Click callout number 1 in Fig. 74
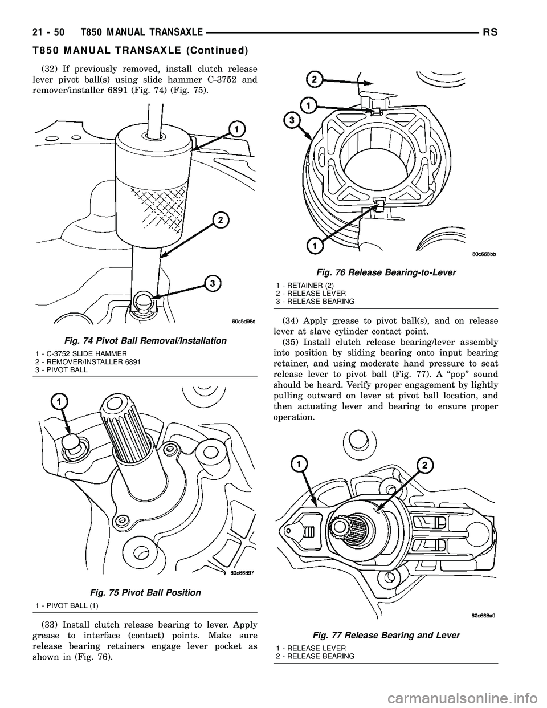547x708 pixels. [x=234, y=130]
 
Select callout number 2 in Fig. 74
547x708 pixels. [x=219, y=220]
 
